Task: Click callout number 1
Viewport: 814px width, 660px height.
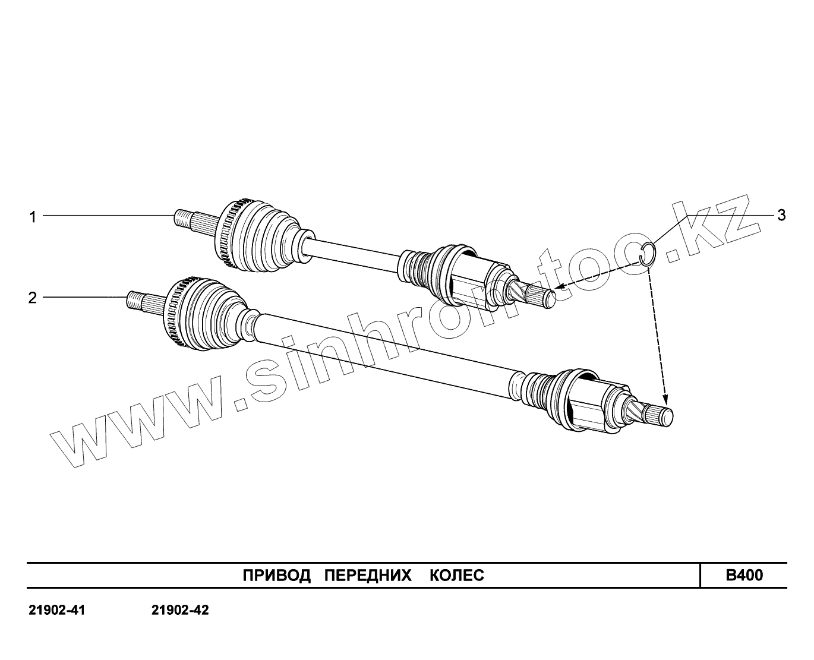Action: coord(33,217)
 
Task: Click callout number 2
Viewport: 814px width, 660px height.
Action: coord(33,297)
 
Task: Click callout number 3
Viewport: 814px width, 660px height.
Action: coord(781,215)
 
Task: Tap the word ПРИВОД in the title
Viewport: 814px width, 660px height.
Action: coord(277,575)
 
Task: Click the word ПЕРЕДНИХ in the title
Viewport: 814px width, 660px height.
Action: coord(368,575)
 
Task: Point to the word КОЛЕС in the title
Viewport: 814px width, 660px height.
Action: coord(456,575)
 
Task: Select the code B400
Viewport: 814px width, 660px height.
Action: coord(744,575)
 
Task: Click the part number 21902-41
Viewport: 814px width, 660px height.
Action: coord(57,610)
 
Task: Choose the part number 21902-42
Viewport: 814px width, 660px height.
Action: coord(180,610)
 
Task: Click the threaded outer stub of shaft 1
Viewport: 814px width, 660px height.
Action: coord(183,218)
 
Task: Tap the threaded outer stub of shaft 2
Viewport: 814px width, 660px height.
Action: coord(135,301)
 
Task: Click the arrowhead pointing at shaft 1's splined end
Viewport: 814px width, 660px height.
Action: coord(559,289)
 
